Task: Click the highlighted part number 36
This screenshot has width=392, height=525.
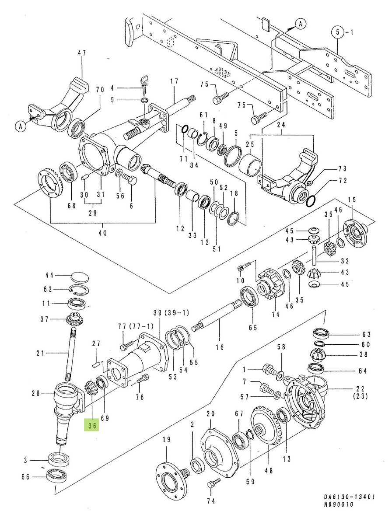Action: click(92, 424)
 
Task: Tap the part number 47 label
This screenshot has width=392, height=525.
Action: click(82, 53)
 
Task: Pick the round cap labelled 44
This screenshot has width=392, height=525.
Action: click(79, 277)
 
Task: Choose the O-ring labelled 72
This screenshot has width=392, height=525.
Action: click(310, 200)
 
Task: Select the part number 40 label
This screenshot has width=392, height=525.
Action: click(102, 233)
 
